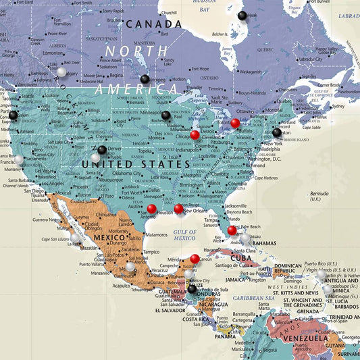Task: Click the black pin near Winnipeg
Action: click(145, 79)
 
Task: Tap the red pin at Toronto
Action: click(235, 123)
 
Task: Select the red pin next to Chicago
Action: click(195, 135)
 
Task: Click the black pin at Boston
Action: click(277, 132)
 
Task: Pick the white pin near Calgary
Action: click(61, 72)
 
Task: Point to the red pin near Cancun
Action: click(195, 259)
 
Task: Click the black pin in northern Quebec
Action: click(242, 16)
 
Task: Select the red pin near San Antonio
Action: click(151, 209)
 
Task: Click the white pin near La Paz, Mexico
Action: click(75, 238)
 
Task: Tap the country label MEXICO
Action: click(108, 238)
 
